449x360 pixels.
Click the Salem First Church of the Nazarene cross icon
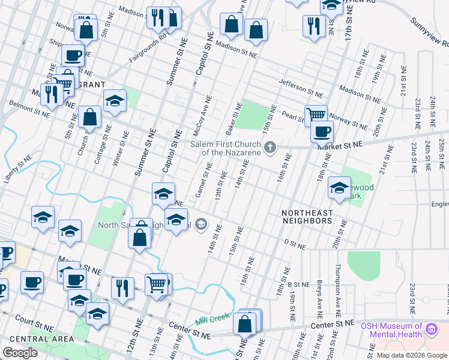[271, 147]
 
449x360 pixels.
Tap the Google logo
[20, 353]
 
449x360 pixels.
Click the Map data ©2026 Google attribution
[412, 355]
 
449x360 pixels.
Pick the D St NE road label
[295, 245]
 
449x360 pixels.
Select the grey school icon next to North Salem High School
[201, 225]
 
